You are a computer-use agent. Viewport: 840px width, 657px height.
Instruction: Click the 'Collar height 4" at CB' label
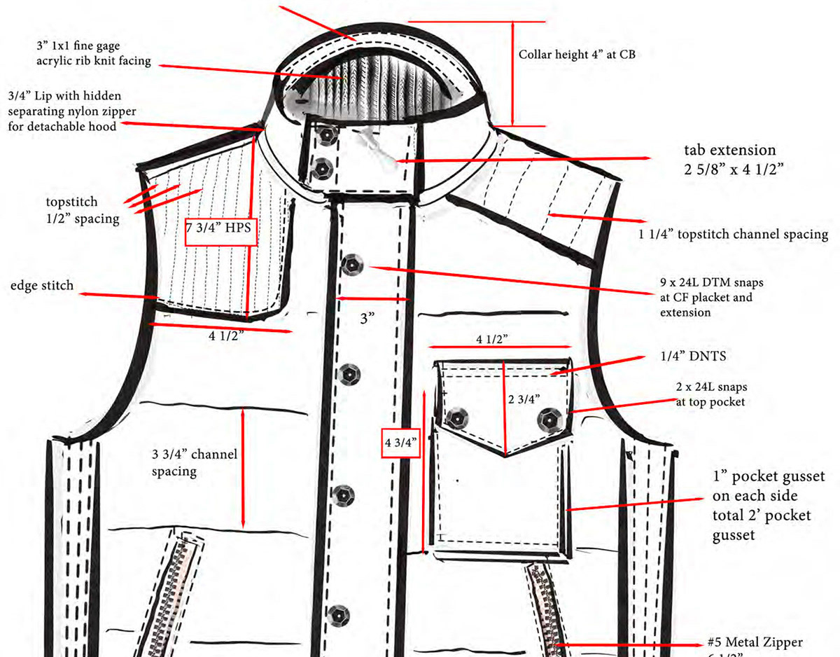(577, 54)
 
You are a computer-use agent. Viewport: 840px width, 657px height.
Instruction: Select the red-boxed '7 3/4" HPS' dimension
(220, 228)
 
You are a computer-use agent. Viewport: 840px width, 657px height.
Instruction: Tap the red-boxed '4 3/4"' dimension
(400, 442)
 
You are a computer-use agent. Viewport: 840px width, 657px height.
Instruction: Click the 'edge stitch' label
(42, 286)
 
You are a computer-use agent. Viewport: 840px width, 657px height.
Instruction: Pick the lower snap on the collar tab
(324, 168)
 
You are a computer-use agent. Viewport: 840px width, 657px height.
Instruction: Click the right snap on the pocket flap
(548, 420)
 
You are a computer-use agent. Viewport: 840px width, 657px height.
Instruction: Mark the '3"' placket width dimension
(367, 319)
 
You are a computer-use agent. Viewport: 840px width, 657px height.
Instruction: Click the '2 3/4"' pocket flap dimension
(523, 399)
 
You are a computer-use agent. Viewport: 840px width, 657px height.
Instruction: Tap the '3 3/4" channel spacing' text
(195, 462)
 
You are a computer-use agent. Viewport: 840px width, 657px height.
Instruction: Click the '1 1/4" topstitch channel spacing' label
(733, 235)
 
